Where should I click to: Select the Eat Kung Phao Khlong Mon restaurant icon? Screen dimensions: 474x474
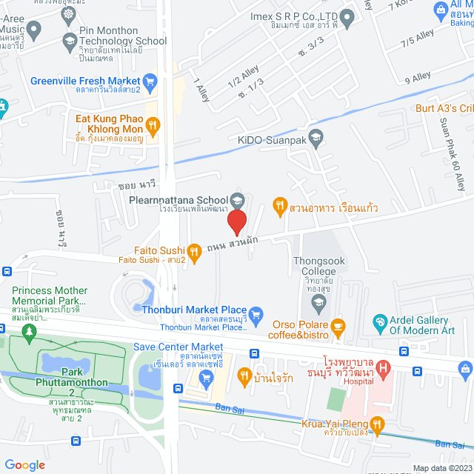(153, 125)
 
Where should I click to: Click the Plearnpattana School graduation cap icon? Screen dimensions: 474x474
(238, 199)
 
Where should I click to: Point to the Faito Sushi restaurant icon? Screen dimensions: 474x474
(194, 252)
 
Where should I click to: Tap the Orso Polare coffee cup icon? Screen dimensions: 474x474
(338, 325)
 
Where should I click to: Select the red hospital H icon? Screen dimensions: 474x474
(383, 367)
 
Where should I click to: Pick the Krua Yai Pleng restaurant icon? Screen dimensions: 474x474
(377, 424)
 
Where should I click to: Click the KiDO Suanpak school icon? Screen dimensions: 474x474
(316, 137)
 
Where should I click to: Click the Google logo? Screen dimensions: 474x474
(24, 464)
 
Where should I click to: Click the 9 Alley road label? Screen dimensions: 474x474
(417, 76)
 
